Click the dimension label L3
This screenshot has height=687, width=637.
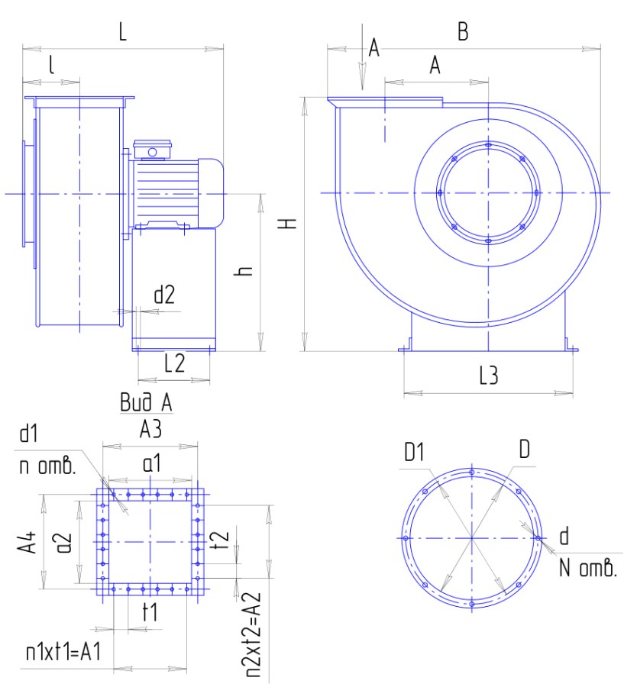488,376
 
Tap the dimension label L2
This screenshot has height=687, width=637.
174,363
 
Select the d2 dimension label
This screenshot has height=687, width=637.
164,295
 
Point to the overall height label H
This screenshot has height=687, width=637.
288,224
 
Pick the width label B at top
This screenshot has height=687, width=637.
463,31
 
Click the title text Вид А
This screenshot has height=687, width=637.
147,402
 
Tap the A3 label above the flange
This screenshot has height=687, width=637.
150,428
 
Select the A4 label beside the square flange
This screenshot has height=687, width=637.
27,543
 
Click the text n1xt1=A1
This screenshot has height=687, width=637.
63,652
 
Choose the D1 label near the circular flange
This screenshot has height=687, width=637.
414,452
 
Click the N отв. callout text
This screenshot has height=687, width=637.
588,568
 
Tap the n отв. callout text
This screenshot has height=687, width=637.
47,466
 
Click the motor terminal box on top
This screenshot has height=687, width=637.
152,150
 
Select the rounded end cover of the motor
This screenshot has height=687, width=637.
211,193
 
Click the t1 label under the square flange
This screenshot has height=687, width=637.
150,611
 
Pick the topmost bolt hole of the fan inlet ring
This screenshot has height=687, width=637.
488,144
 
